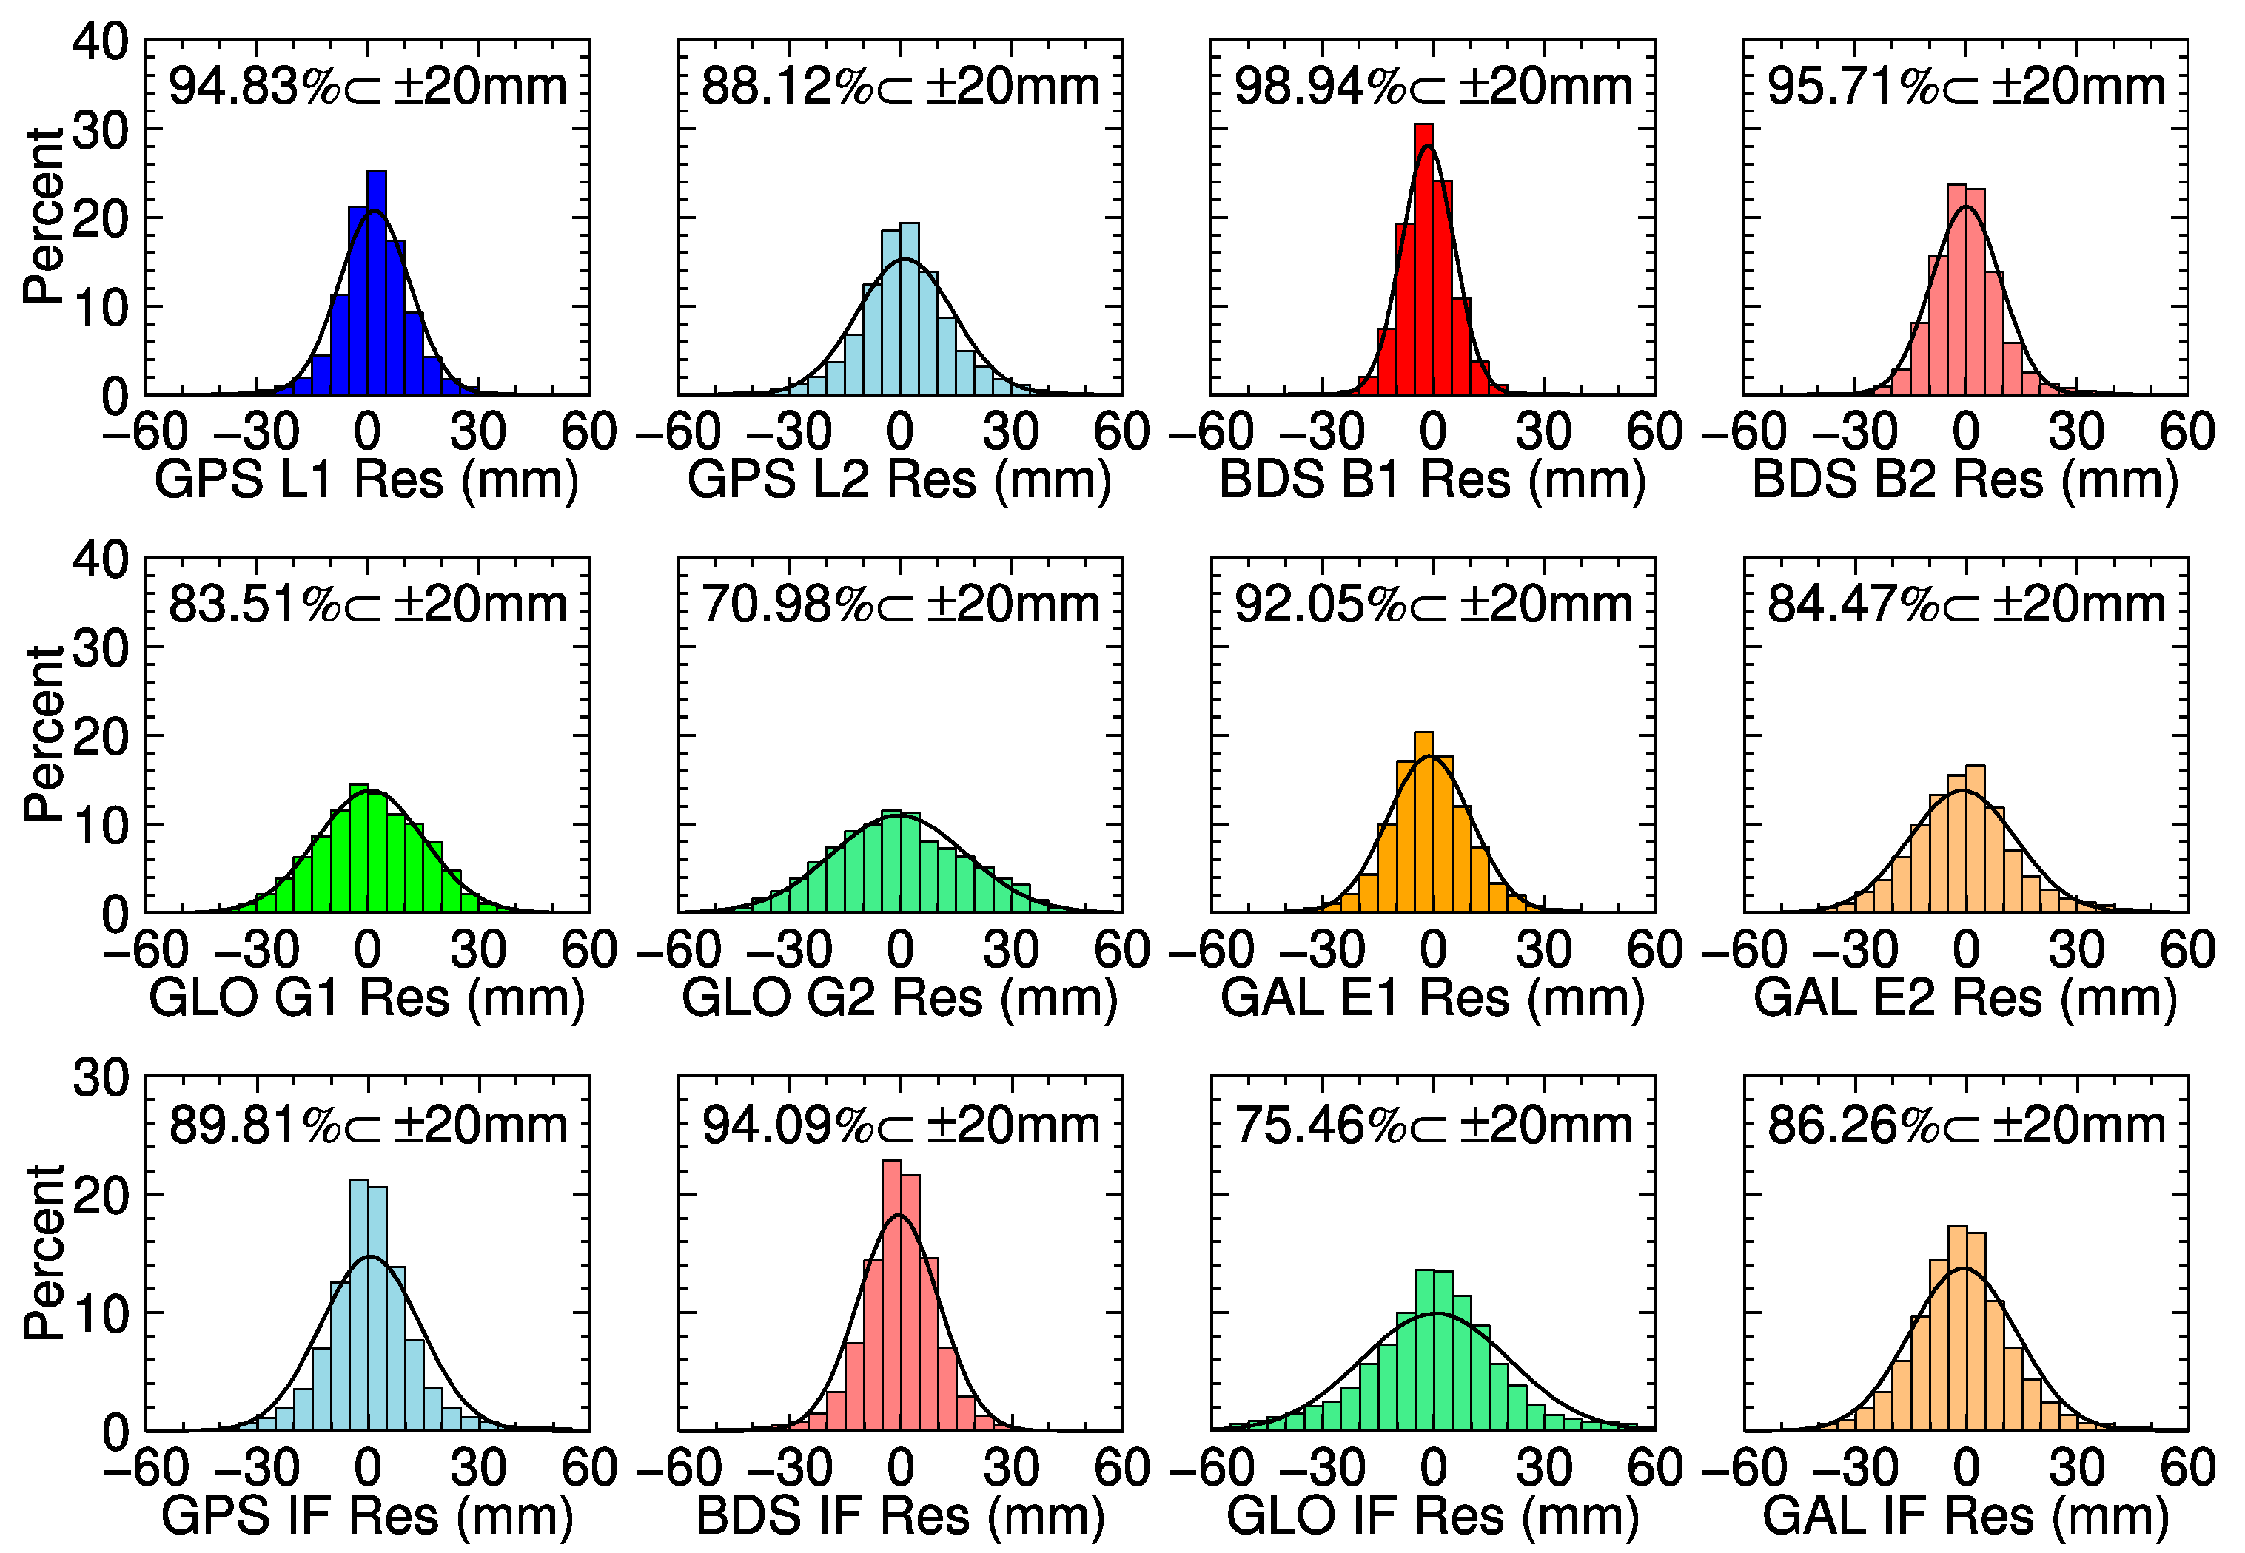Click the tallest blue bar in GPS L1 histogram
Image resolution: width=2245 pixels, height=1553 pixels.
pyautogui.click(x=376, y=282)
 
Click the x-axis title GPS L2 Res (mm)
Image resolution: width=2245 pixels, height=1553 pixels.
pyautogui.click(x=899, y=479)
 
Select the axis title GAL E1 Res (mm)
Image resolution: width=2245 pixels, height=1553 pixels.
pyautogui.click(x=1432, y=997)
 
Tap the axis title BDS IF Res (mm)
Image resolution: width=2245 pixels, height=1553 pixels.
pyautogui.click(x=899, y=1515)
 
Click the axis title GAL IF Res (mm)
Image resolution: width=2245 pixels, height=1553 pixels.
pyautogui.click(x=1966, y=1515)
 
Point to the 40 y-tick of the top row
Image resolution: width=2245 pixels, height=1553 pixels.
pyautogui.click(x=100, y=43)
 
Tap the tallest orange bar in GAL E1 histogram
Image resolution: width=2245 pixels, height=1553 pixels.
pyautogui.click(x=1423, y=822)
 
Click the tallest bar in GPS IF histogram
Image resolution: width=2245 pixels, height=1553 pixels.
pyautogui.click(x=358, y=1304)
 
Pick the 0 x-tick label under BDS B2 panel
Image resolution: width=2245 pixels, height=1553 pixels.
pyautogui.click(x=1966, y=431)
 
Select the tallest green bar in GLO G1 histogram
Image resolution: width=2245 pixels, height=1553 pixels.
pyautogui.click(x=358, y=848)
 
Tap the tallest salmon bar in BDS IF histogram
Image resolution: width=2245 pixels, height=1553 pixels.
pyautogui.click(x=890, y=1294)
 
